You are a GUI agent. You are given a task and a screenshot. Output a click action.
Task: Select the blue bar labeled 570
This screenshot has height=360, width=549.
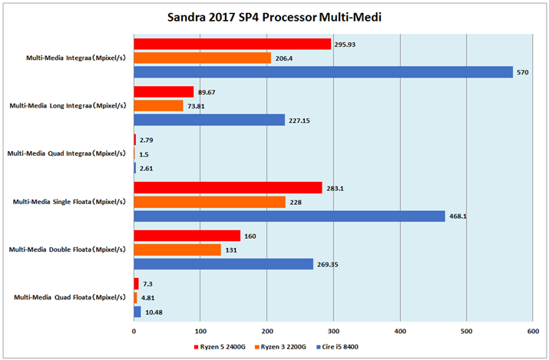point(323,72)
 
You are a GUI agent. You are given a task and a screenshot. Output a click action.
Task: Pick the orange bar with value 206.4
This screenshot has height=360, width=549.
point(202,58)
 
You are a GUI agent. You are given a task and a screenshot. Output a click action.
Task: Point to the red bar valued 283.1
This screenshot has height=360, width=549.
point(227,188)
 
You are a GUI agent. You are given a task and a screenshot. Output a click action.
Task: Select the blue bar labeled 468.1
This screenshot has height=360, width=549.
point(289,216)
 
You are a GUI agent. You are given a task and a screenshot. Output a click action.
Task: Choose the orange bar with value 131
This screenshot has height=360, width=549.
point(177,250)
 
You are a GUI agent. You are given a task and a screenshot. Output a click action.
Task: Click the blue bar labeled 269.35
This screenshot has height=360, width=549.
point(223,264)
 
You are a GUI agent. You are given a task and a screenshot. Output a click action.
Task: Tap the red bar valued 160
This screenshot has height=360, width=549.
point(187,236)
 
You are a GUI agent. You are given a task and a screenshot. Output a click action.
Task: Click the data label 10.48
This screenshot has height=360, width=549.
point(154,312)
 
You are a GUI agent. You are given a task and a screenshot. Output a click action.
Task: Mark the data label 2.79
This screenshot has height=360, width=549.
point(147,140)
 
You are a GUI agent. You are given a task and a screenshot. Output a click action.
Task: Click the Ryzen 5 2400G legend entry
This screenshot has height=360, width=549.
point(220,347)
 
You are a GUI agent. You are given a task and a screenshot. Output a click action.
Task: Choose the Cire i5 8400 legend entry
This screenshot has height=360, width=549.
point(339,347)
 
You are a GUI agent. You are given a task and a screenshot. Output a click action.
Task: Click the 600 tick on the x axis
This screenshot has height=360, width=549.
point(531,331)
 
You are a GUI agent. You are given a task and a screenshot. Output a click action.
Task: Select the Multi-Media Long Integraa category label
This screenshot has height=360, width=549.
point(67,105)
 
